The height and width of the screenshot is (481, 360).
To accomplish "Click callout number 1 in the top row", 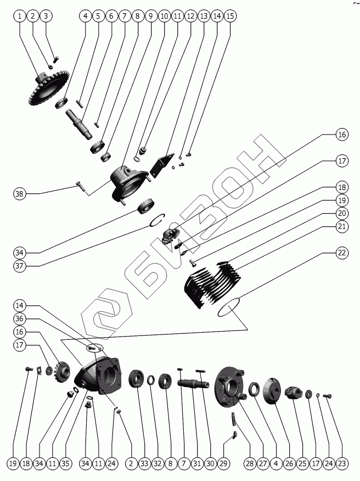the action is coord(20,16).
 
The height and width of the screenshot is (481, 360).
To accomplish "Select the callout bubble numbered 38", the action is coord(20,193).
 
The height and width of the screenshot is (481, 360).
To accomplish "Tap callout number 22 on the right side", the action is coord(342,253).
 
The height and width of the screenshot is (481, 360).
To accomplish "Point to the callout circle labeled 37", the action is coord(20,266).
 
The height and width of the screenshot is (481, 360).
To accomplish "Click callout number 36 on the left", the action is coord(20,318).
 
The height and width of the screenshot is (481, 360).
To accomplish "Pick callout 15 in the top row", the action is coord(230,16).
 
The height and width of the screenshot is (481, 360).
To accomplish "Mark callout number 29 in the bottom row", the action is coord(223,464).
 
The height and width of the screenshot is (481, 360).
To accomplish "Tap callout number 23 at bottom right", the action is coord(342,464).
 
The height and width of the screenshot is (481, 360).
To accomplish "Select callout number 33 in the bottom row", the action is coord(144,464).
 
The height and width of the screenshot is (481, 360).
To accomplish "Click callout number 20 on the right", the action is coord(342,213).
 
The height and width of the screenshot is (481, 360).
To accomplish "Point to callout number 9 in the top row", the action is coord(151,16).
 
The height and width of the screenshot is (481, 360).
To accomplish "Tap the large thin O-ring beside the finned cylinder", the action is coord(230,308).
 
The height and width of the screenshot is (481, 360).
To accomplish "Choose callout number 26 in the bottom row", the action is coord(289,464).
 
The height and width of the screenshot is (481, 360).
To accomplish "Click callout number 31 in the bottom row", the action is coord(197,464).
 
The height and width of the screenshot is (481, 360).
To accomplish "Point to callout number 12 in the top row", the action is coord(190,16).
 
